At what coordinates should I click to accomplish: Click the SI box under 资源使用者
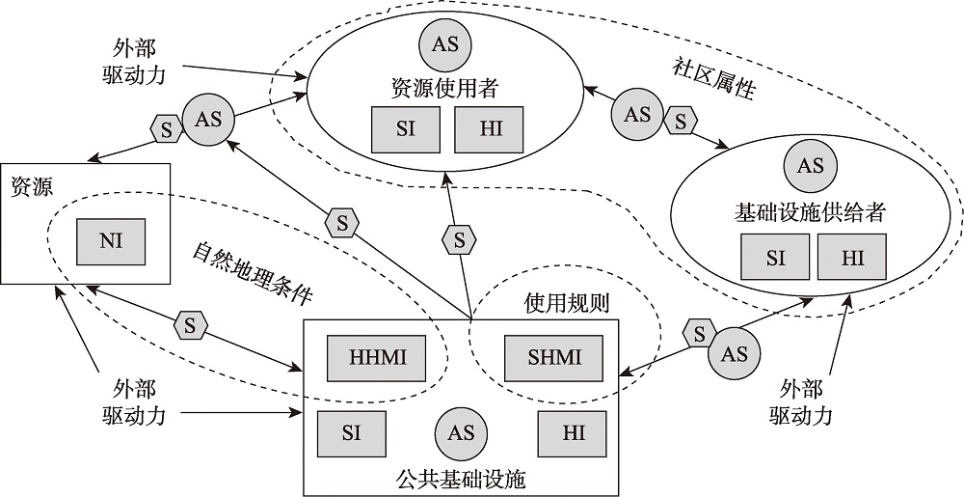[x=406, y=128]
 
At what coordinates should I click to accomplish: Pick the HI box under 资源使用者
[x=488, y=128]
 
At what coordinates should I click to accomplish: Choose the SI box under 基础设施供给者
[x=776, y=257]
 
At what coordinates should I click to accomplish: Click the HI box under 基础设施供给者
[x=853, y=257]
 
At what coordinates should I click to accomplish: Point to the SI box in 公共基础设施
[x=351, y=431]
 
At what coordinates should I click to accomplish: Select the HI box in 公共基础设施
[x=574, y=431]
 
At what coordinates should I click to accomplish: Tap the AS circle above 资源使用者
[x=445, y=45]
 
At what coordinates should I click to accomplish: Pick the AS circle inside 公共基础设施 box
[x=461, y=432]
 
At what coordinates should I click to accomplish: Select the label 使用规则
[x=566, y=303]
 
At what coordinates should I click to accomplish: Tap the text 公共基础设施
[x=461, y=478]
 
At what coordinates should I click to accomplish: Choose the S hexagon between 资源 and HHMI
[x=190, y=325]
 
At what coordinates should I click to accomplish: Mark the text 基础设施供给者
[x=810, y=210]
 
